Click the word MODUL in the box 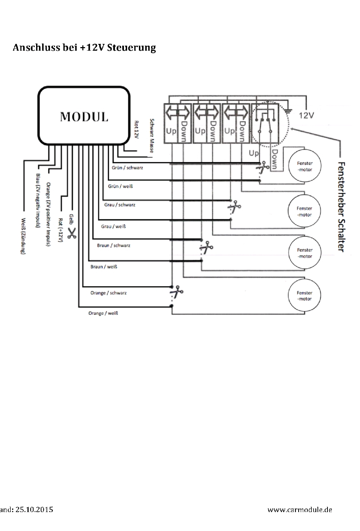84,117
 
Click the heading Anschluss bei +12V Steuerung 84,47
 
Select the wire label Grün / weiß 120,186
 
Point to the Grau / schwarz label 120,205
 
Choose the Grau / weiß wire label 113,226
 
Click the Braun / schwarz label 114,246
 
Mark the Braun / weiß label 104,267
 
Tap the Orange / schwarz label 109,293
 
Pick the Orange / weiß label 103,313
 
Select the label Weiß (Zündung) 23,236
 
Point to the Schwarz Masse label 152,136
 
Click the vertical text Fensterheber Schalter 341,207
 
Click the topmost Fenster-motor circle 305,166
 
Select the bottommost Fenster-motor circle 304,296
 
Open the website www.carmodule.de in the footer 300,510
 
